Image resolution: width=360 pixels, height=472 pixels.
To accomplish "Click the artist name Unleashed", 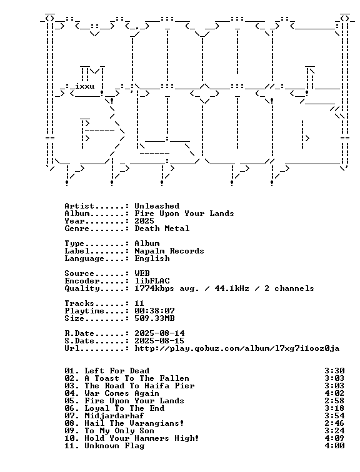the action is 157,206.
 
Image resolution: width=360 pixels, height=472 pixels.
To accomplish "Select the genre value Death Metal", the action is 162,229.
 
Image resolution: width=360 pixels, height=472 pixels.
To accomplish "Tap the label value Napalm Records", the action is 169,251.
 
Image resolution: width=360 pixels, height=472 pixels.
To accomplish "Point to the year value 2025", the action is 144,221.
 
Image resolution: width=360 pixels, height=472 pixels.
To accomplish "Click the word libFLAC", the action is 152,281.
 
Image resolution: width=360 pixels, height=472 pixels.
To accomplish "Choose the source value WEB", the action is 142,273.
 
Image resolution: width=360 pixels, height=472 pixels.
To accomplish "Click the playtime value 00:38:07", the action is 154,311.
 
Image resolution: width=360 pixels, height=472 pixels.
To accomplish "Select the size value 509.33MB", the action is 154,318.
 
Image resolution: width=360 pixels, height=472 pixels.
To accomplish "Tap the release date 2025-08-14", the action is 159,333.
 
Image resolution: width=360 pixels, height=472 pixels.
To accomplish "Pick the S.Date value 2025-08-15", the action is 159,341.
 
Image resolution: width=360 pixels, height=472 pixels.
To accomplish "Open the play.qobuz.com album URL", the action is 237,348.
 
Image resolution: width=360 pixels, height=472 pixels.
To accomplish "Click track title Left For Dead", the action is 117,371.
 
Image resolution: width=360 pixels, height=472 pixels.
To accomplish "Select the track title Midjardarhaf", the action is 114,416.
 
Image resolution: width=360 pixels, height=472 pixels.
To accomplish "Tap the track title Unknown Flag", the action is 114,446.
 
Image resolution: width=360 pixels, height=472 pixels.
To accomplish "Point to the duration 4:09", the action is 335,438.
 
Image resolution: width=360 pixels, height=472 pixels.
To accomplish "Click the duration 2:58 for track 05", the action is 335,401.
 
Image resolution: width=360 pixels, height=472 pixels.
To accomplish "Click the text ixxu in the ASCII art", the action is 84,87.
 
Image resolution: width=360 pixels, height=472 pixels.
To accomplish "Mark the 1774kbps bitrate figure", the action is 154,288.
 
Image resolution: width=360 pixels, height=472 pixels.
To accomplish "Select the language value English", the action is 152,258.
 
